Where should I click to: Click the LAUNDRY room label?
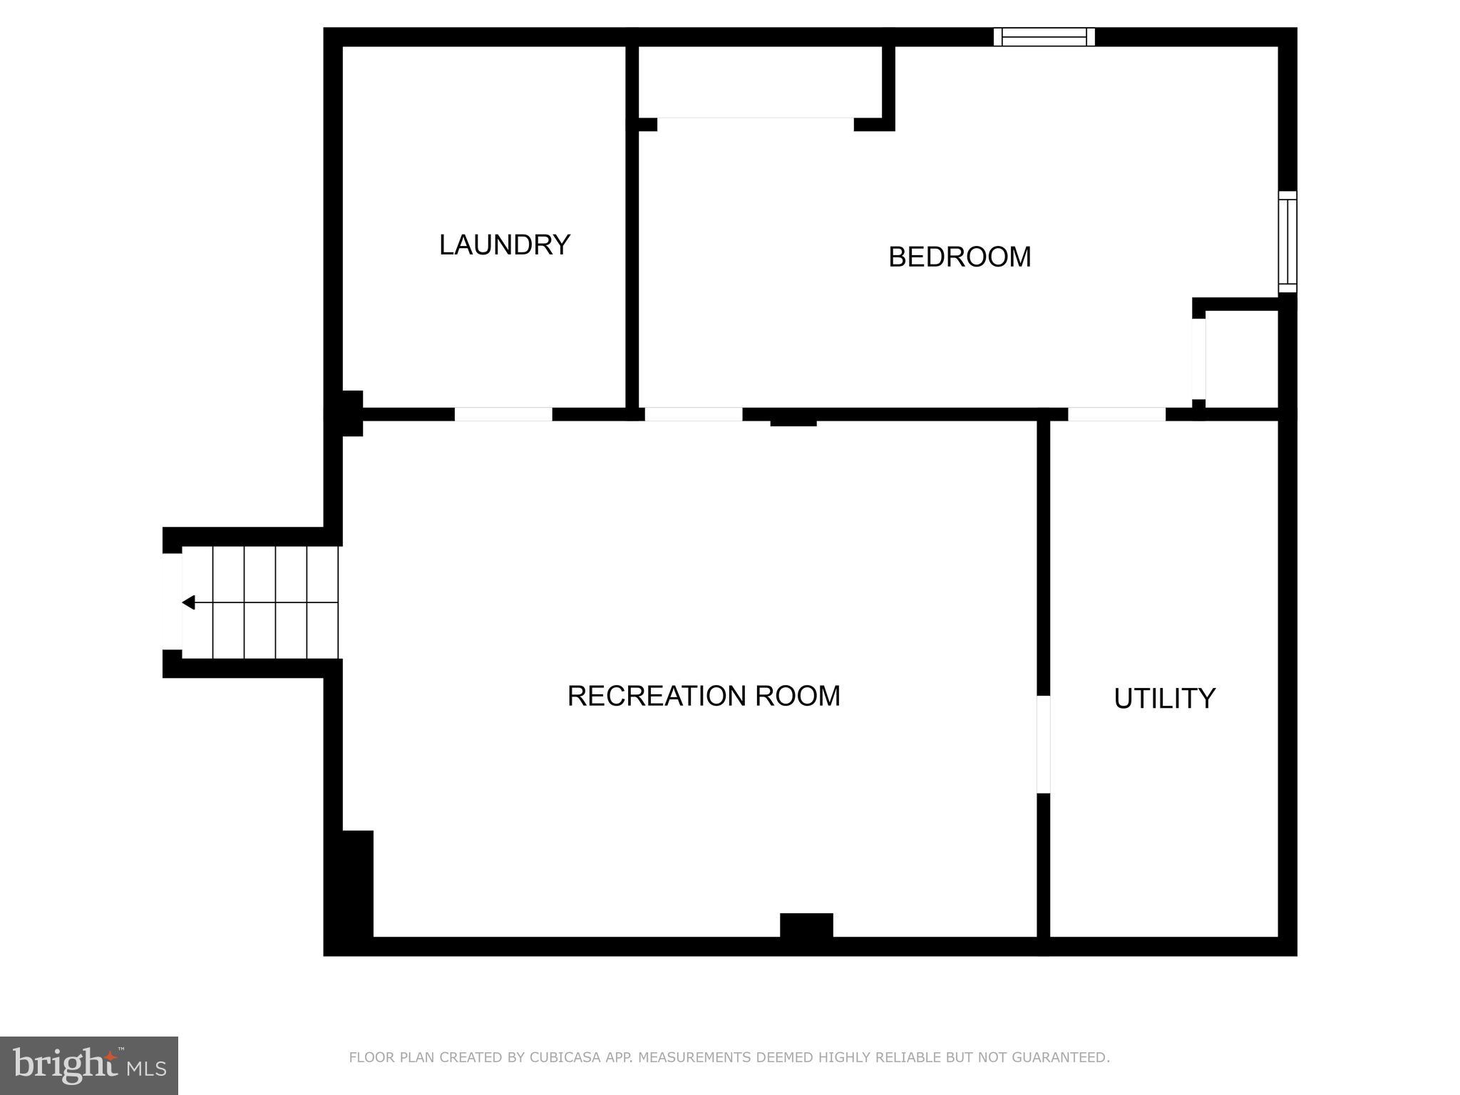pos(504,245)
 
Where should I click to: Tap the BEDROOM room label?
pos(959,257)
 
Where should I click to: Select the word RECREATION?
pos(656,696)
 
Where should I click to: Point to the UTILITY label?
pos(1164,699)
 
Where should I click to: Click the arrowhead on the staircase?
pos(188,602)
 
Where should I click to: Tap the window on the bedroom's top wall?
pos(1044,37)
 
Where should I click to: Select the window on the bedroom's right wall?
pos(1287,242)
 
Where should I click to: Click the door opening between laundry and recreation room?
pos(503,414)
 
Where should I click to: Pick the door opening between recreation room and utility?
pos(1043,744)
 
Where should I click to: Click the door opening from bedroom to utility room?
pos(1116,414)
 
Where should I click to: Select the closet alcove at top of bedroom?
pos(759,81)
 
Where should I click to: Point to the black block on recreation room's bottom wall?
pos(806,925)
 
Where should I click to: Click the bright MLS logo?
pos(88,1066)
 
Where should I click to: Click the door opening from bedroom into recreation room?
pos(694,414)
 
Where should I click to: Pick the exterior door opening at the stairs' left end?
pos(172,602)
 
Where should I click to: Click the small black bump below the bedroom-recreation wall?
pos(793,423)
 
